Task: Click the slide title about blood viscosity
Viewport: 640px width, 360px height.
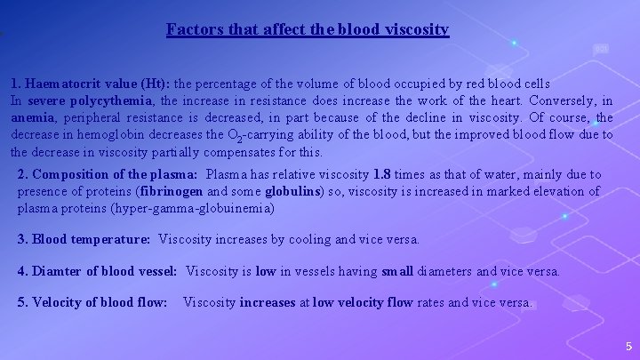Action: coord(308,29)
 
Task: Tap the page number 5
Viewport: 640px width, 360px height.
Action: coord(628,347)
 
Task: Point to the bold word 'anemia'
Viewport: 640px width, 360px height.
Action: coord(32,118)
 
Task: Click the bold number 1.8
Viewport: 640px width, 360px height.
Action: coord(383,174)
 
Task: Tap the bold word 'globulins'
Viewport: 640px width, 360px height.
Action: coord(292,191)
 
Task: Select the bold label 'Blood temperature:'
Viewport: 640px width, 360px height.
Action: coord(91,239)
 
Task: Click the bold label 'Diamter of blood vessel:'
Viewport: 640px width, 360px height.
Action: coord(105,271)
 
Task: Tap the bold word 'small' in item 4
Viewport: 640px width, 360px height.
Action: coord(397,271)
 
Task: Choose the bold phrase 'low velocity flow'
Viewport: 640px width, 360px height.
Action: coord(362,302)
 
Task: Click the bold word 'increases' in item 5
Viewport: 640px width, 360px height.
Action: coord(268,302)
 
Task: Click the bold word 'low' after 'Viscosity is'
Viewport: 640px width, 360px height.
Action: coord(266,271)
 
